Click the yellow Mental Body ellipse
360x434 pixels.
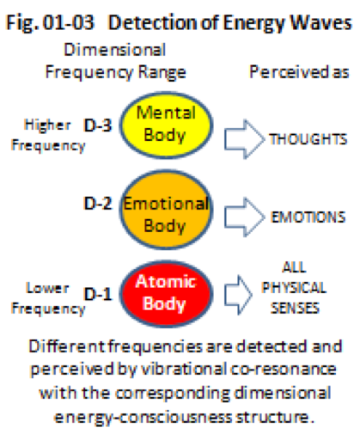coord(166,125)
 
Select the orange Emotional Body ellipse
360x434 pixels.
coord(166,210)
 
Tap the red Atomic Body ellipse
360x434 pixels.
coord(166,294)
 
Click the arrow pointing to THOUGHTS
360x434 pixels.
coord(244,139)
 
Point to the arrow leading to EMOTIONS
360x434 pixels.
coord(244,217)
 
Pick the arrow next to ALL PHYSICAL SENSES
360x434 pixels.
coord(238,295)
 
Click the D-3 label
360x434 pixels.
coord(98,125)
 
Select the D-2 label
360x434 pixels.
coord(98,204)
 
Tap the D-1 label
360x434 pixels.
coord(98,294)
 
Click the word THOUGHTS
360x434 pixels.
coord(308,139)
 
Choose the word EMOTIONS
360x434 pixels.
coord(308,217)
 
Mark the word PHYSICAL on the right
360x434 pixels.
coord(294,288)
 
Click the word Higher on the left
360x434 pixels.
coord(47,125)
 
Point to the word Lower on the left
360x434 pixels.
coord(47,288)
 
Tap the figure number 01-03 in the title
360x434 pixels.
coord(69,22)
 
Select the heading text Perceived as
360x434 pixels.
coord(299,72)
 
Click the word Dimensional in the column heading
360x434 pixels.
coord(115,50)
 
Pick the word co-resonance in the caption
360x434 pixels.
coord(284,369)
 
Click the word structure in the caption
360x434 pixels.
coord(274,417)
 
